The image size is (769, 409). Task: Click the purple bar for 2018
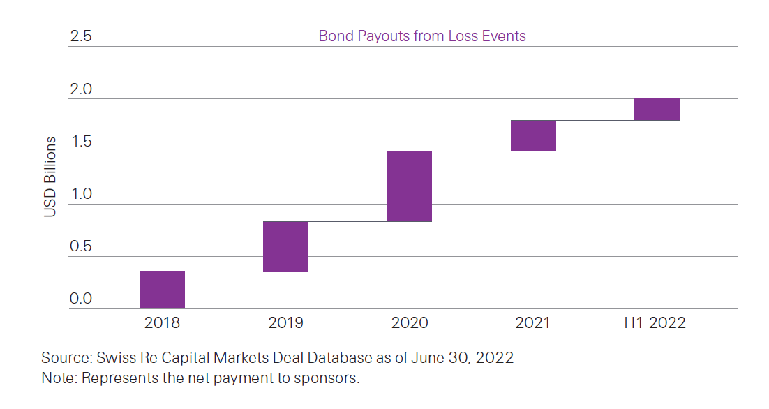coord(162,290)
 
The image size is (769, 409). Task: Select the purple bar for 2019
coord(285,246)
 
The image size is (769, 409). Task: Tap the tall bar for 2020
coord(410,186)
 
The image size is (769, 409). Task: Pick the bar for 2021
coord(533,135)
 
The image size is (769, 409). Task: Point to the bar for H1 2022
coord(657,110)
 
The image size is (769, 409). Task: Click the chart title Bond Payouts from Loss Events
coord(422,36)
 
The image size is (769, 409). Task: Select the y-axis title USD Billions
coord(50,177)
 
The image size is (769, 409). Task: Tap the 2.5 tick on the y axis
coord(81,36)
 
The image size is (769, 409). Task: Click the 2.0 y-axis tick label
coord(81,89)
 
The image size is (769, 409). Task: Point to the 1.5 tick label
coord(81,142)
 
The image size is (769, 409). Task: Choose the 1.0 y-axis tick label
coord(81,194)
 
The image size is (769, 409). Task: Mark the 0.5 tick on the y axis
coord(81,246)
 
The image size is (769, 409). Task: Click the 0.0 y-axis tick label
coord(81,299)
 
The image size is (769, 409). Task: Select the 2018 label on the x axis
coord(162,323)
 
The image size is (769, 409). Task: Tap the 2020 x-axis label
coord(410,323)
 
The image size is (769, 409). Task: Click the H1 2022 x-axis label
coord(655,323)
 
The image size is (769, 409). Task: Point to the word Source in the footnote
coord(64,358)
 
